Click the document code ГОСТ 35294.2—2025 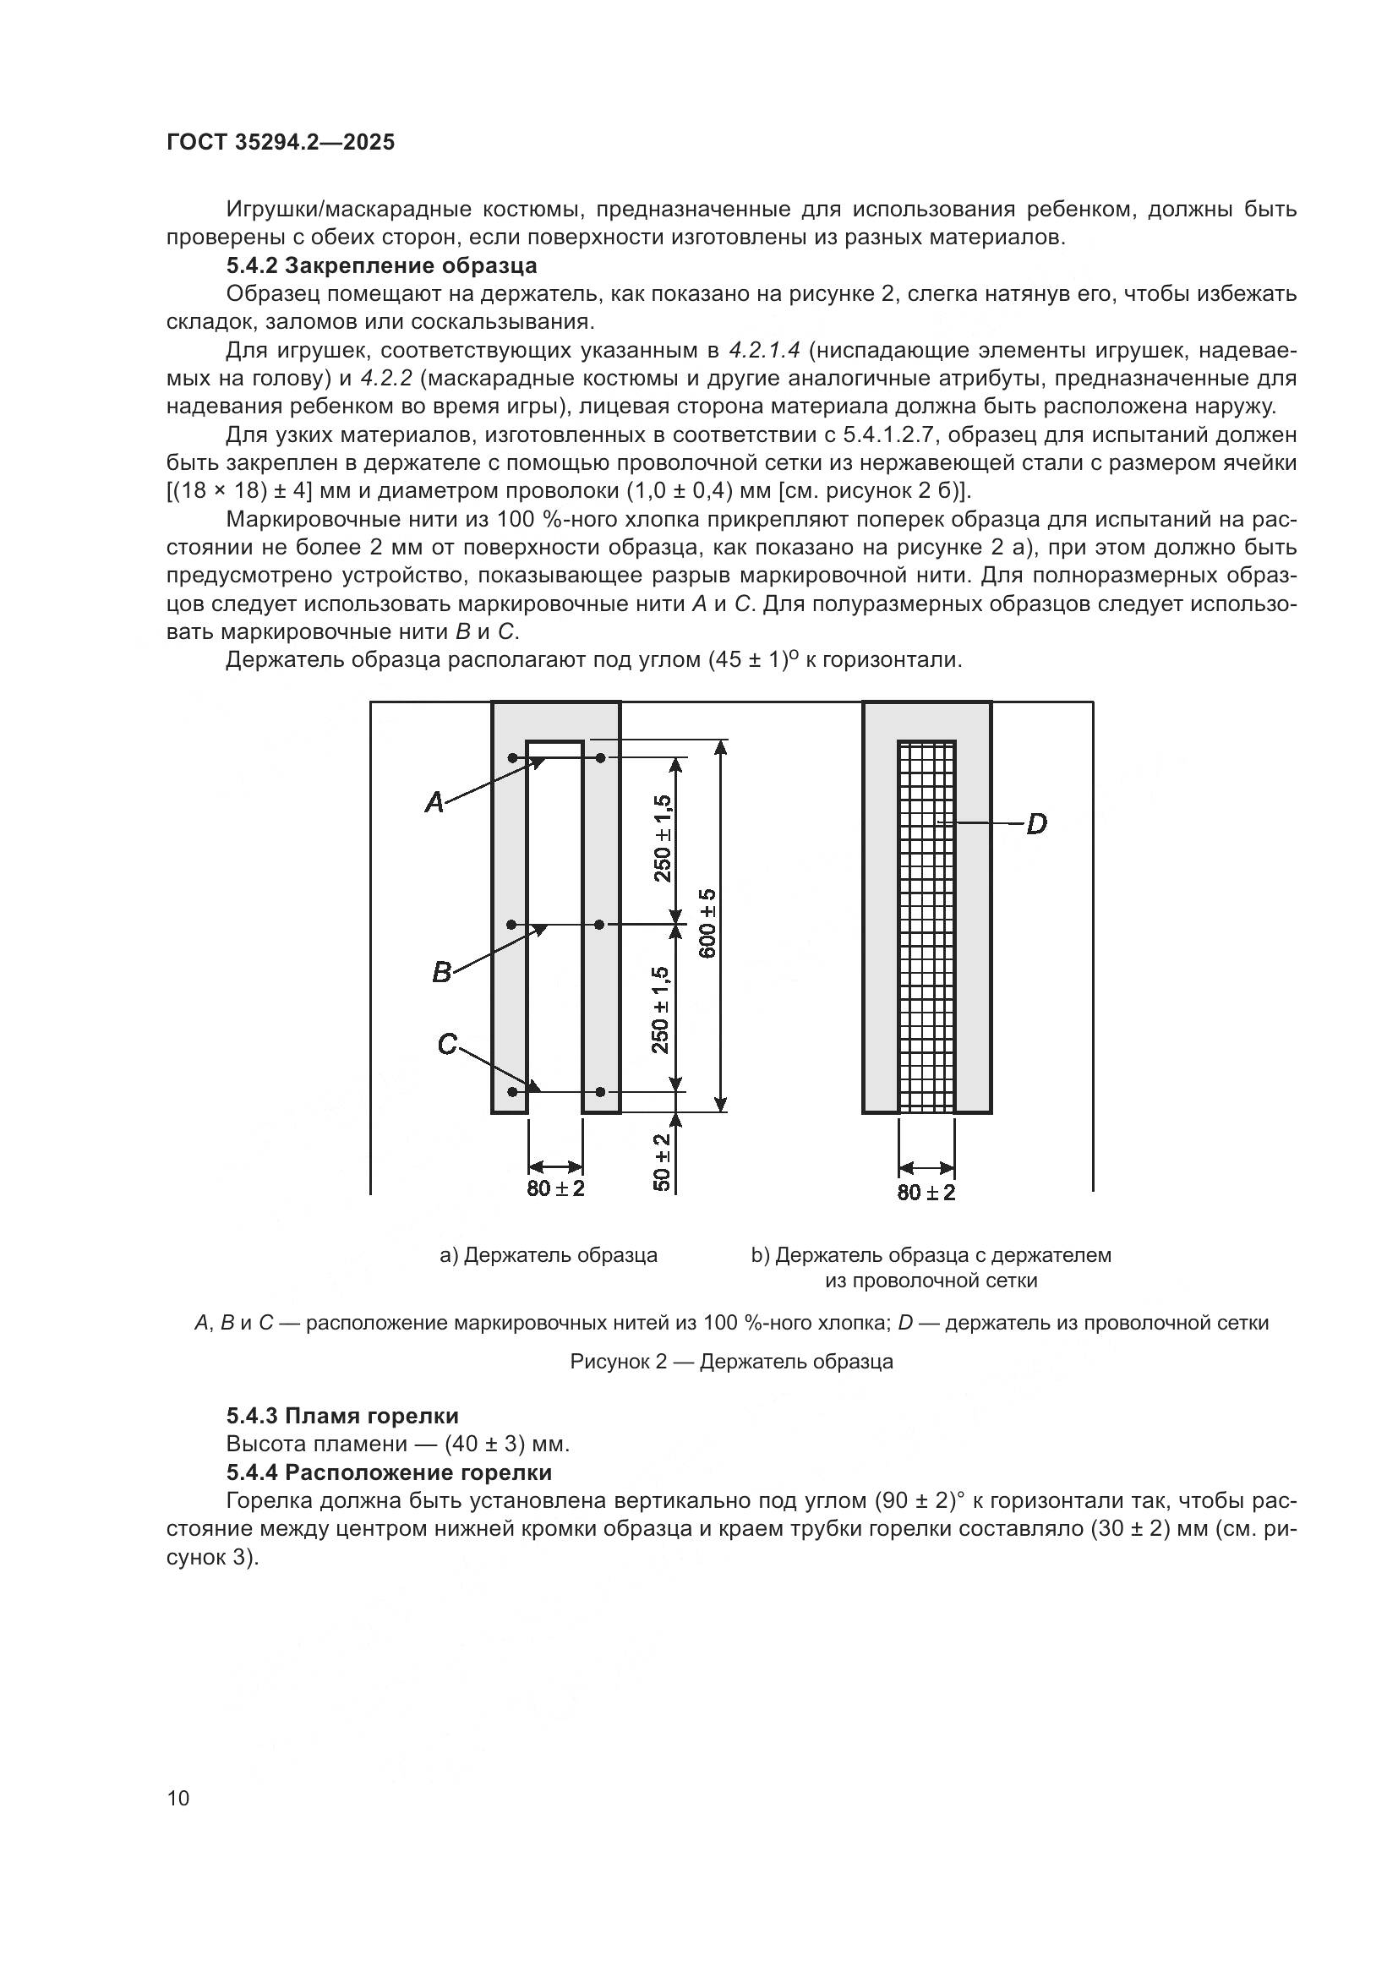tap(280, 142)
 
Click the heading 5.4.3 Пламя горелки tap(341, 1416)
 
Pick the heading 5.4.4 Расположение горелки tap(388, 1472)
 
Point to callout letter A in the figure tap(434, 803)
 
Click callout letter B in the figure tap(440, 973)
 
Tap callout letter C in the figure tap(447, 1045)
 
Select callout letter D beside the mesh tap(1036, 824)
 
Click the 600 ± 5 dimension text tap(707, 923)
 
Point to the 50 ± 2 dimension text tap(662, 1161)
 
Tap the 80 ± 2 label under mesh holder tap(926, 1193)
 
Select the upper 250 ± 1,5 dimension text tap(662, 838)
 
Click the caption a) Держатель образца tap(549, 1255)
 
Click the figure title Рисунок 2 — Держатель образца tap(732, 1362)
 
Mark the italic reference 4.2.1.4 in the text tap(764, 351)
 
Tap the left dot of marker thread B tap(511, 925)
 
